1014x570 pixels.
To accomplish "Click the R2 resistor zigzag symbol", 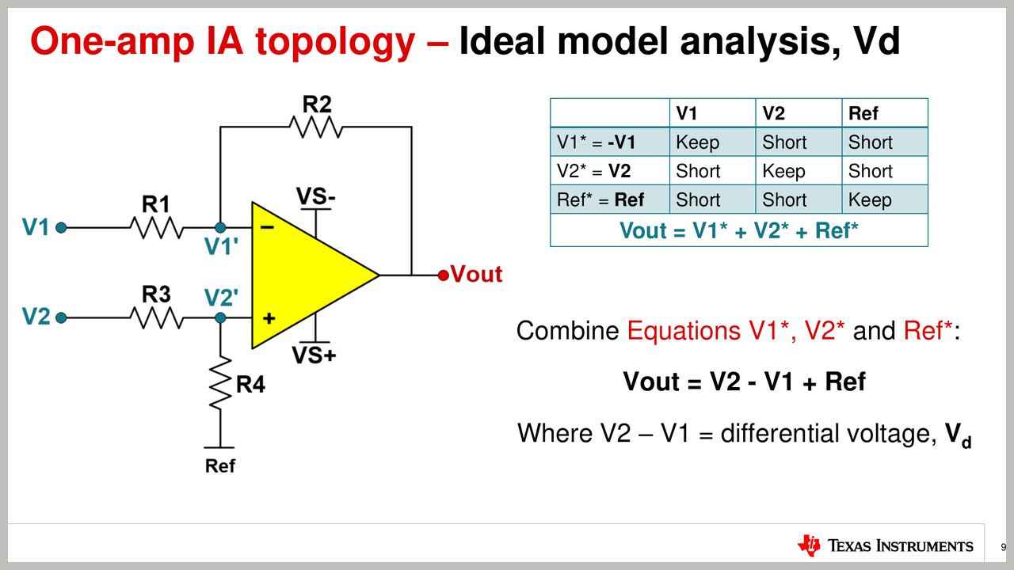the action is coord(316,127).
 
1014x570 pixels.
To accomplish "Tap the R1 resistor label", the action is coord(156,204).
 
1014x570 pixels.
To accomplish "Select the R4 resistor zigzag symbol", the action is coord(220,384).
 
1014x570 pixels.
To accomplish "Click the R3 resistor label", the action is coord(156,294).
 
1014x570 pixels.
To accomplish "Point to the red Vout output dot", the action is coord(444,275).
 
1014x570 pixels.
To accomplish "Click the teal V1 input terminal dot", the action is coord(61,227).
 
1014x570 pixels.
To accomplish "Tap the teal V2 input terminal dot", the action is coord(61,318).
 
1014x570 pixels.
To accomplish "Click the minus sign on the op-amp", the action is coord(268,227).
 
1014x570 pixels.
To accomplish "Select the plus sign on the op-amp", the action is coord(269,318).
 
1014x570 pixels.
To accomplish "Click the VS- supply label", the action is coord(316,196).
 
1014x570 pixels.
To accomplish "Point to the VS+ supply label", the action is coord(314,355).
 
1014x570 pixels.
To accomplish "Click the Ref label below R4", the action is coord(220,466).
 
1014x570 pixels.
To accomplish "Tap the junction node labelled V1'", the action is coord(220,227).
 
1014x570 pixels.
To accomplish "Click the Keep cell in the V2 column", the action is coord(783,172).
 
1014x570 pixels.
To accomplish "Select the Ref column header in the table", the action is coord(863,113).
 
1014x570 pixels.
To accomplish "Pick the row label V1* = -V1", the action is coord(596,142).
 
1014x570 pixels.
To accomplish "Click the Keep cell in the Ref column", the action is coord(870,200).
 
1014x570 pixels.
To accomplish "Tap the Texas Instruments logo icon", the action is coord(809,545).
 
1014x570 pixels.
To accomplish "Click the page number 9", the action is coord(1003,547).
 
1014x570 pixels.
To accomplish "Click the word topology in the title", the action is coord(335,43).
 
